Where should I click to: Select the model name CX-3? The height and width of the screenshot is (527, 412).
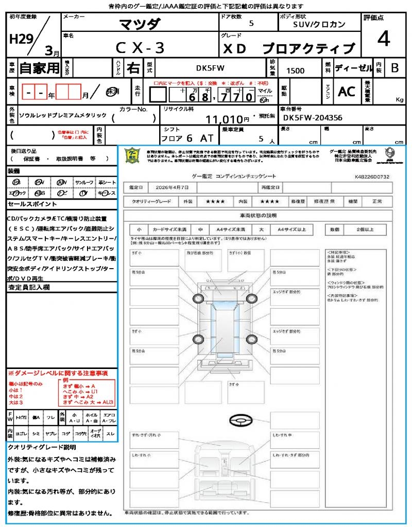click(140, 48)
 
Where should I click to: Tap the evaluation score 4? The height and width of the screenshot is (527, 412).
click(383, 39)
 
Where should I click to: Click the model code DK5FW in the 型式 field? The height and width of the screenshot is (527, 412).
click(210, 67)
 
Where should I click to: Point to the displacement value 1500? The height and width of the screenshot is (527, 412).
click(295, 71)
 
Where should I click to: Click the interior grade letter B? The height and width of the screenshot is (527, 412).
click(394, 67)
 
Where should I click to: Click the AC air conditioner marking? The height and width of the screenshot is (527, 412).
click(347, 92)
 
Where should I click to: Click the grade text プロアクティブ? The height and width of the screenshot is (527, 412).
click(309, 48)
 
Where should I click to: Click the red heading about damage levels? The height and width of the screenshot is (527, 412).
click(58, 373)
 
